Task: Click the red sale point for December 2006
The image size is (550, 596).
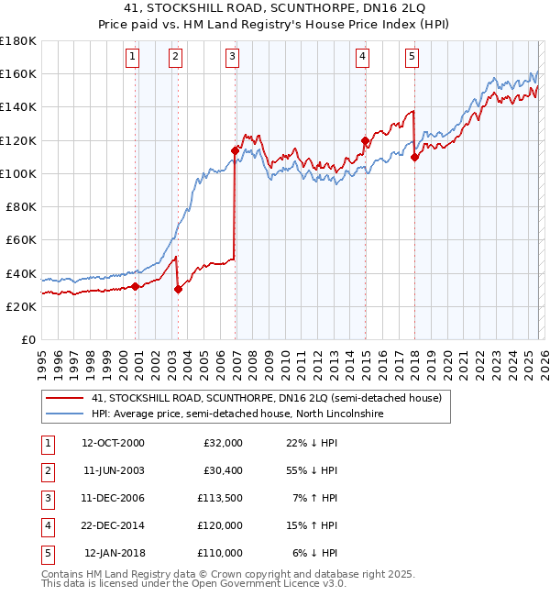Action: [235, 150]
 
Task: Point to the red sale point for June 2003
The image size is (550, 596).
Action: [178, 290]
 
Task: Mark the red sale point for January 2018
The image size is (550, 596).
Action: [414, 157]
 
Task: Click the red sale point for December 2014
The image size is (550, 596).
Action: [365, 140]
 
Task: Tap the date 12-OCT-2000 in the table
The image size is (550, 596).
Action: [113, 444]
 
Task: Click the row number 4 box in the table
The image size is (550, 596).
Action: [46, 526]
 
